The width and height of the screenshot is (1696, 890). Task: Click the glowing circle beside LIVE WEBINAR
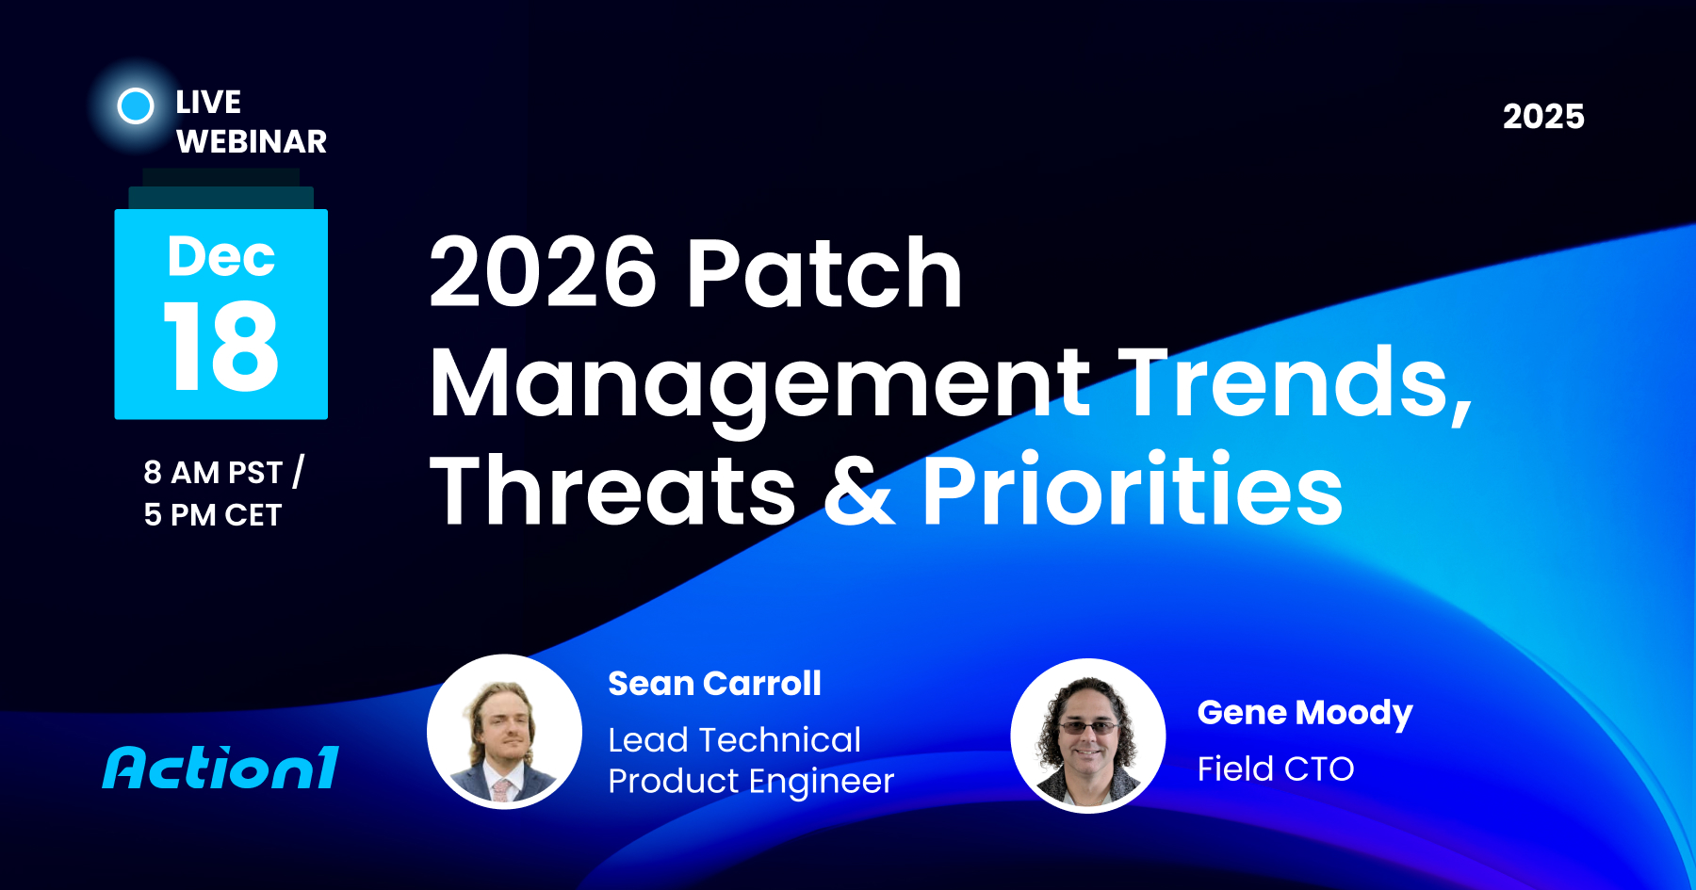click(136, 105)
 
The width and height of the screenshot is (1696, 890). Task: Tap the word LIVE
click(208, 102)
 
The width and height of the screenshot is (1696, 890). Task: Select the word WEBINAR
click(252, 141)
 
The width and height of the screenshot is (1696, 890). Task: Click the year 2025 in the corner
click(1543, 117)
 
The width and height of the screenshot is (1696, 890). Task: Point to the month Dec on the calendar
click(221, 256)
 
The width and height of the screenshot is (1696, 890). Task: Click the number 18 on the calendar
click(221, 347)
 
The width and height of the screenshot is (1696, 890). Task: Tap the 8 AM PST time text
click(213, 472)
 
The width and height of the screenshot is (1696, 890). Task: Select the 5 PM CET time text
click(213, 514)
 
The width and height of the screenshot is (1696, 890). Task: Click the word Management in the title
click(759, 382)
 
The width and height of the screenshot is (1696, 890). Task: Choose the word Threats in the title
click(613, 490)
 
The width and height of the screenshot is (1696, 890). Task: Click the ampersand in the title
click(858, 490)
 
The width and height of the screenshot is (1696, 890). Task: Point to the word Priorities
click(1132, 490)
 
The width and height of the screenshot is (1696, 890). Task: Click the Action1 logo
click(220, 768)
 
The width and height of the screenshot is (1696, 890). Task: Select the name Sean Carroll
click(714, 683)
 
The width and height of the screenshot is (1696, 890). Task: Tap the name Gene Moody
click(1305, 713)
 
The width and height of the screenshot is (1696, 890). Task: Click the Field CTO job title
click(1276, 769)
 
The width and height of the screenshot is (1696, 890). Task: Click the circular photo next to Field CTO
click(1088, 736)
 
